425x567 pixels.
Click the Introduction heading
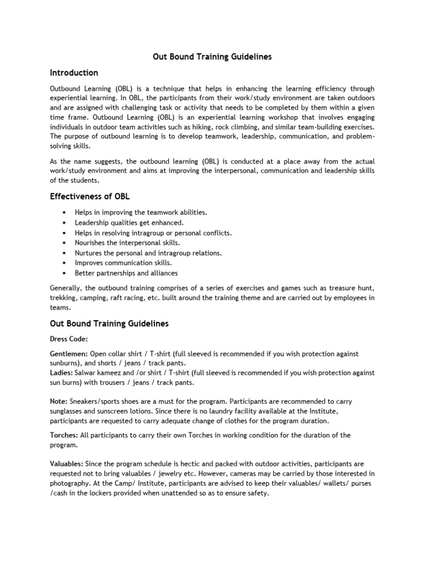click(74, 73)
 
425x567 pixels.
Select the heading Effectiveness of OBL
click(90, 197)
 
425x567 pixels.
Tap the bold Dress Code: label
click(69, 339)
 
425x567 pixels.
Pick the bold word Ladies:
click(61, 373)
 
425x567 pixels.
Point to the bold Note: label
click(59, 400)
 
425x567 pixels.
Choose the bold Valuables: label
click(68, 463)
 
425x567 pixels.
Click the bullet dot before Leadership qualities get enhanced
click(65, 223)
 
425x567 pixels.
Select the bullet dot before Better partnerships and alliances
click(65, 273)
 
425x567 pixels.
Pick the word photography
click(72, 483)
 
